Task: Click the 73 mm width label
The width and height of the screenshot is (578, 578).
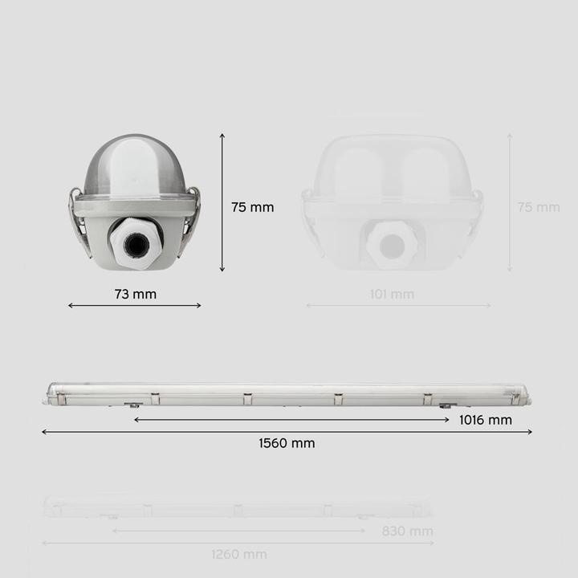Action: point(135,294)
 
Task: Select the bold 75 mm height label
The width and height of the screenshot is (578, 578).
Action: point(252,207)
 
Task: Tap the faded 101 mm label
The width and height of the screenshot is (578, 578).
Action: point(392,294)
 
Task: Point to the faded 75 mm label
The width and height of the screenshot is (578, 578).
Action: point(538,207)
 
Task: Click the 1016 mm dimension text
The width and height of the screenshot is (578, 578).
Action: point(485,420)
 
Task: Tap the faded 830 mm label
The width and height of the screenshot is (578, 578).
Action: point(407,531)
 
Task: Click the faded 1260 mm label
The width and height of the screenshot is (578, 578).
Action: point(239,554)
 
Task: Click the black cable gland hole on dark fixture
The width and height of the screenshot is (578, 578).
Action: point(136,242)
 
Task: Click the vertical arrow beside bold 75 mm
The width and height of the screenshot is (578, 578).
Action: point(222,202)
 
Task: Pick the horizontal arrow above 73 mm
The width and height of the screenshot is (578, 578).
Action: point(135,305)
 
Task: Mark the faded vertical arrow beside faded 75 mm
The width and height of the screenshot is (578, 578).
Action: point(509,202)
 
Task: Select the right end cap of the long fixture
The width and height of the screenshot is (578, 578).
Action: point(523,394)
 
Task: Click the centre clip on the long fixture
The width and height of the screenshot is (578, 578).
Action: point(247,397)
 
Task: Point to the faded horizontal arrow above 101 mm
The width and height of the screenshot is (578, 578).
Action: point(398,305)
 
